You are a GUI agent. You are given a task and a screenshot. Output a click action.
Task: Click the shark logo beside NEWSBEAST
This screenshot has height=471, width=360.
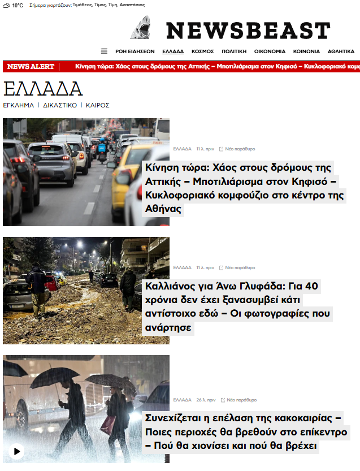tap(141, 28)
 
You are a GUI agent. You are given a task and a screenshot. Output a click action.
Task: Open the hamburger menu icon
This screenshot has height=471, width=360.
tap(104, 51)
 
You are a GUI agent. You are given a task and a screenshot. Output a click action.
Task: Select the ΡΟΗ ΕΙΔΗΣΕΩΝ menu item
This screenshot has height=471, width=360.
tap(135, 51)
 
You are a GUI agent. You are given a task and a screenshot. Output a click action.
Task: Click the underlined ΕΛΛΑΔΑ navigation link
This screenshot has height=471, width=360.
tap(173, 51)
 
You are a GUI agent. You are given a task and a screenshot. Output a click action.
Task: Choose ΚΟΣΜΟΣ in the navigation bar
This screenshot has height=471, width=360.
tap(202, 51)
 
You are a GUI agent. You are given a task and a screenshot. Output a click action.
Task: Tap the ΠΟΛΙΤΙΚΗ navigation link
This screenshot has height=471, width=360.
tap(234, 51)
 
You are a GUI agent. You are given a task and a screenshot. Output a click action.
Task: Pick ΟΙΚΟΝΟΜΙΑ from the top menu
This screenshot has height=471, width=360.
tap(270, 51)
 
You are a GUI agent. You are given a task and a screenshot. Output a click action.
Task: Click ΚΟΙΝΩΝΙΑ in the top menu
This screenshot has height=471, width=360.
tap(306, 51)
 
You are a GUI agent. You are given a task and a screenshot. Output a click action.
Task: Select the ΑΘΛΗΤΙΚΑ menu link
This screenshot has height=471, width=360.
tap(341, 51)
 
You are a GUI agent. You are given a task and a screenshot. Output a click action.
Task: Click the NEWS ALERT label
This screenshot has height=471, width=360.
tap(31, 67)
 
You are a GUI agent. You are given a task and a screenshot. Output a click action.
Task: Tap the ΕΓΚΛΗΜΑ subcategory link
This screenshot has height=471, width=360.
tap(19, 105)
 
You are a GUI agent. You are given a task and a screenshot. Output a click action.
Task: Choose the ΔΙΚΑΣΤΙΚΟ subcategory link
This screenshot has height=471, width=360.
tap(60, 105)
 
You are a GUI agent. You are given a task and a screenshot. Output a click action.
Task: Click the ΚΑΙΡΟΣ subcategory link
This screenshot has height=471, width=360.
tap(97, 105)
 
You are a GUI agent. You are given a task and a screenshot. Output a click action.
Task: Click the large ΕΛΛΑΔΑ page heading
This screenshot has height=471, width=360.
tap(43, 89)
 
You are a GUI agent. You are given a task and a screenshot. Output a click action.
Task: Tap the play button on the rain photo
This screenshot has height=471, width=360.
tap(17, 451)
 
